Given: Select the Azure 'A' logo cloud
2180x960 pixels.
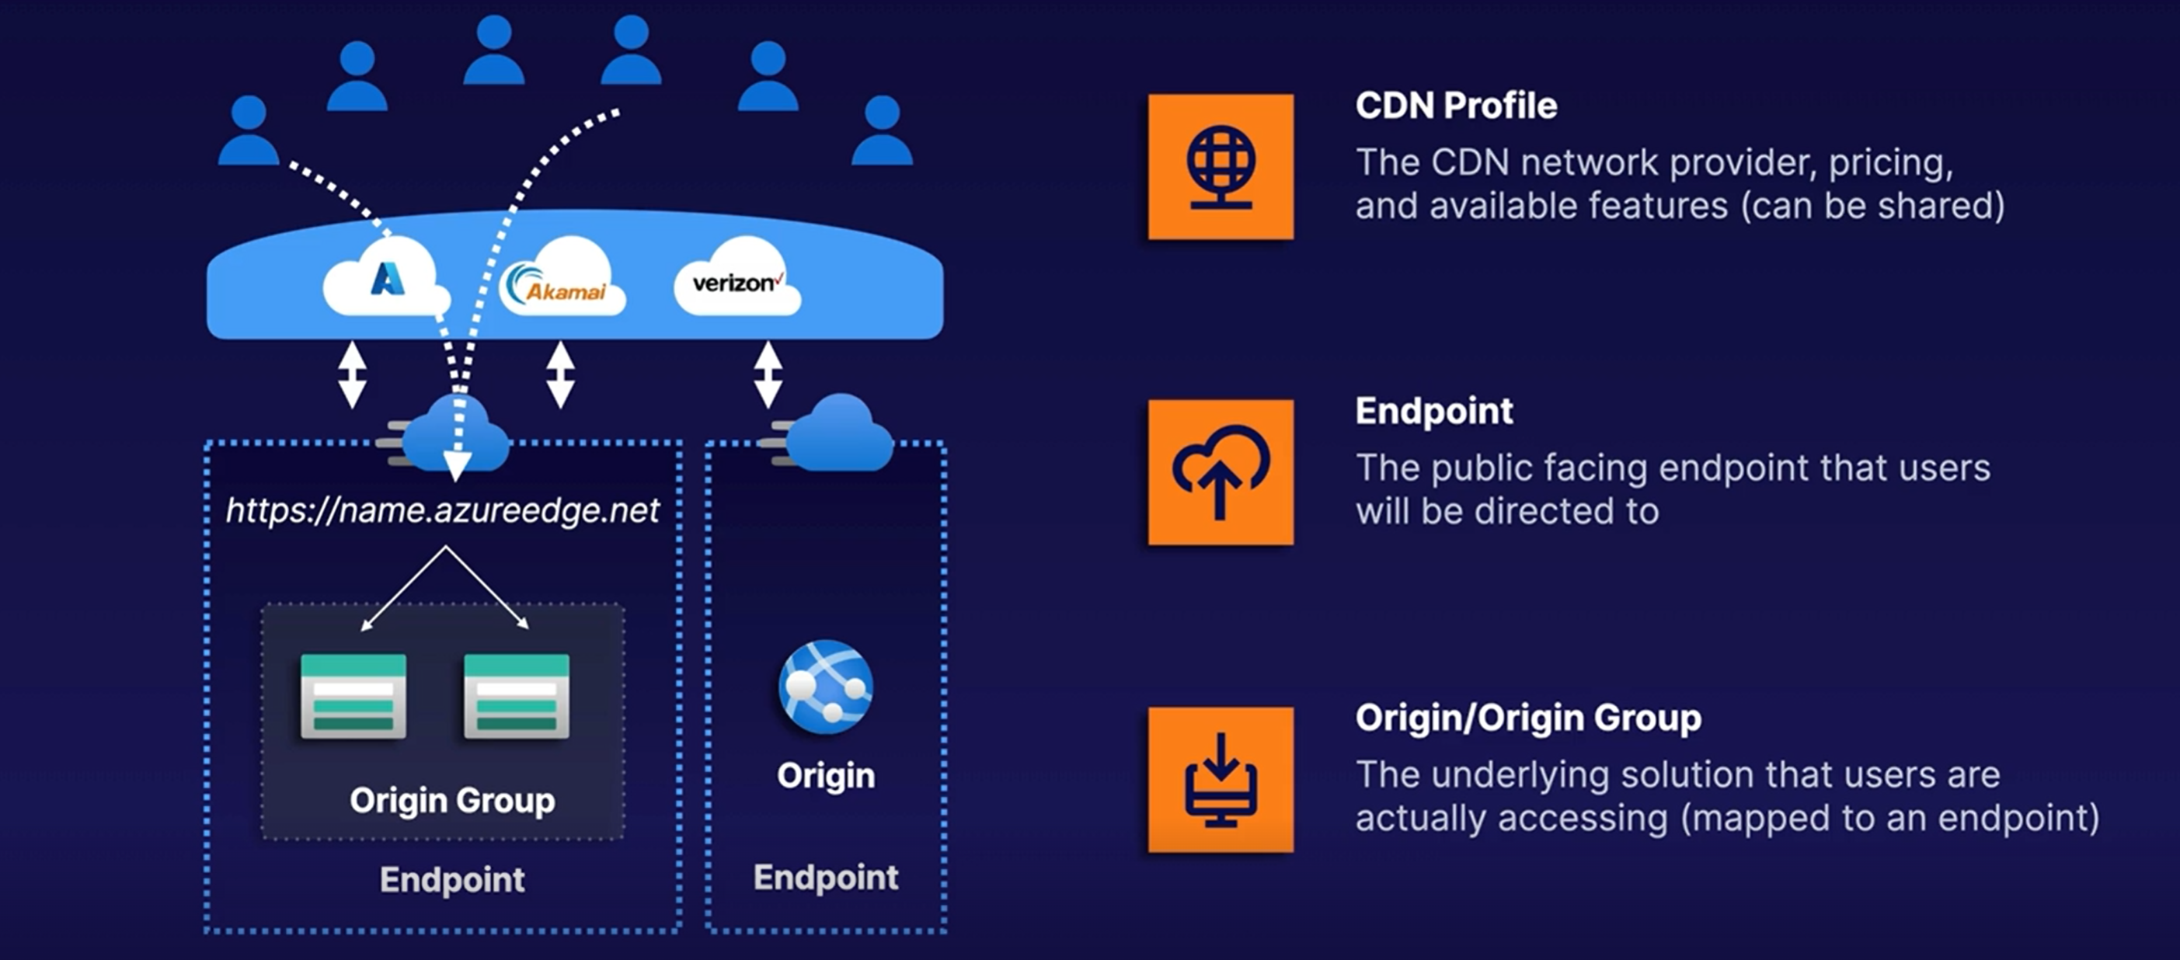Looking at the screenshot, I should (387, 279).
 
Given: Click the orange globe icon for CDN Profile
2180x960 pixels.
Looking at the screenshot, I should (1221, 167).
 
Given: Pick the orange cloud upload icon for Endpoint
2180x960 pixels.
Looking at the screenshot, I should (1221, 472).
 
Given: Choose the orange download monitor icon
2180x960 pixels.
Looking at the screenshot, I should (1221, 779).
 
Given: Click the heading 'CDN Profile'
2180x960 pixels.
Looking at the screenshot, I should (1456, 106).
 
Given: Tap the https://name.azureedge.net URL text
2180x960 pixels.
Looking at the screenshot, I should (442, 510).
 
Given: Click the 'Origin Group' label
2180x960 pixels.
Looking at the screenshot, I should (452, 799).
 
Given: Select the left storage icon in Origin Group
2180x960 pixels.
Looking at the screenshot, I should (353, 696).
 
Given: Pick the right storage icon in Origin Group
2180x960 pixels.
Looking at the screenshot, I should (516, 696).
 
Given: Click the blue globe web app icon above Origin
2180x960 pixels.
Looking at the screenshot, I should (825, 686).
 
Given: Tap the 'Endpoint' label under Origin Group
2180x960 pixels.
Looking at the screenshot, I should (452, 880).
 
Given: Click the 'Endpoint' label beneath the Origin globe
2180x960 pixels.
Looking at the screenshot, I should (825, 877).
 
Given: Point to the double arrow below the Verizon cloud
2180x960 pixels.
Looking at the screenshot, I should (768, 374).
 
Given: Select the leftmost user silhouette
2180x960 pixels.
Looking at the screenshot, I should (248, 131).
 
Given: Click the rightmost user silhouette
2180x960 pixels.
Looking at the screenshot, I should (882, 131).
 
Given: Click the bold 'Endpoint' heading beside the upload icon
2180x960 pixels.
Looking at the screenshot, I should (1433, 411).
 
